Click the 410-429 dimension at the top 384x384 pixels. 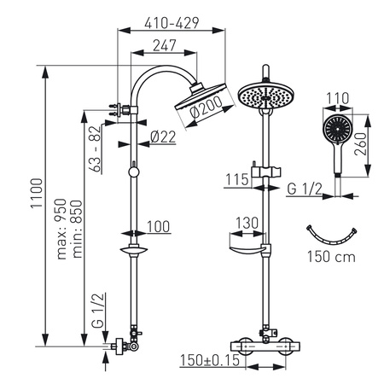point(167,16)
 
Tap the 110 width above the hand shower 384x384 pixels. point(339,99)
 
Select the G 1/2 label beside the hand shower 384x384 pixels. point(303,187)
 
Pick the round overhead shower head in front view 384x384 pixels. point(265,96)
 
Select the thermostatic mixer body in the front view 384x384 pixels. point(265,345)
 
